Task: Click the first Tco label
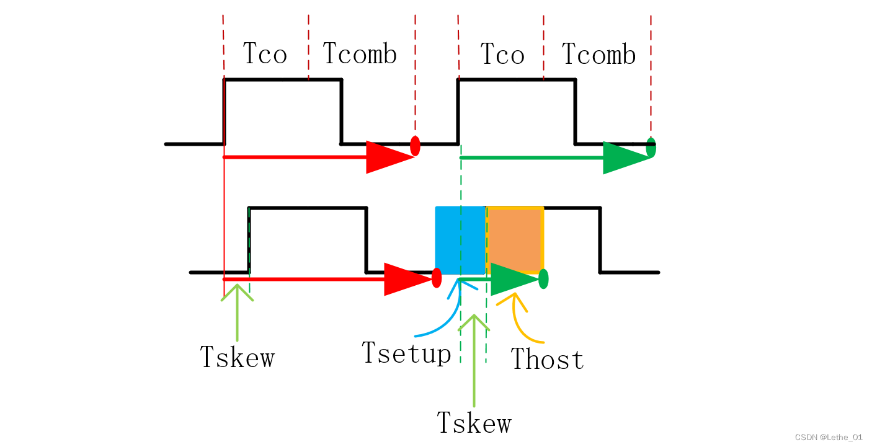[265, 54]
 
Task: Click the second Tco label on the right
[502, 55]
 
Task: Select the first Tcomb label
[359, 55]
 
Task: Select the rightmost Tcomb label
[598, 55]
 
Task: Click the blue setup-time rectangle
[460, 241]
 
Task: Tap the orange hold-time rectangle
[515, 239]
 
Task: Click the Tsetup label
[406, 353]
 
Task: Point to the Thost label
[547, 360]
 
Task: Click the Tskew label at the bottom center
[474, 423]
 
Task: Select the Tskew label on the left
[237, 357]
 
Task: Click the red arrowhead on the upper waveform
[388, 157]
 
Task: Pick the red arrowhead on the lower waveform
[406, 279]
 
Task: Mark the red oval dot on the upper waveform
[416, 146]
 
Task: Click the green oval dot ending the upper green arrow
[651, 148]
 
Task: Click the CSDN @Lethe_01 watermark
[829, 438]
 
